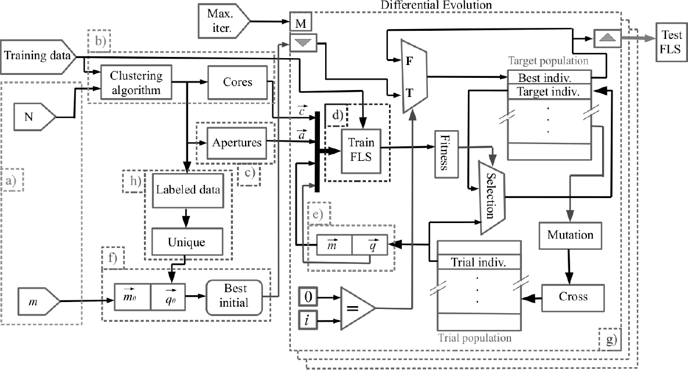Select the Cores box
pos(237,82)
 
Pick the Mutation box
pos(570,235)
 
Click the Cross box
pos(574,296)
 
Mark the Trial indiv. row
pos(478,262)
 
